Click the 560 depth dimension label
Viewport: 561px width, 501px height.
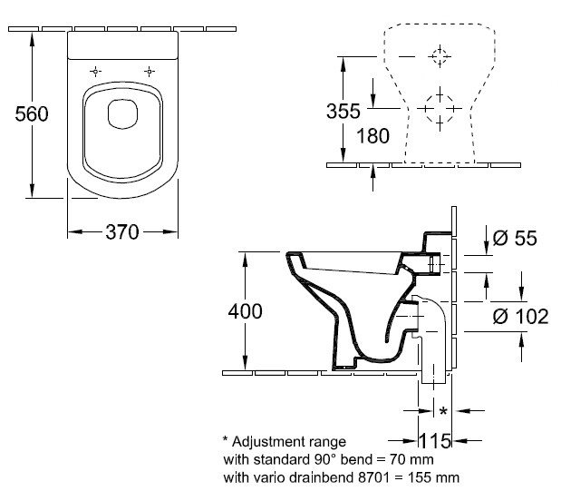point(32,114)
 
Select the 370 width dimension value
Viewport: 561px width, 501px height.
point(122,232)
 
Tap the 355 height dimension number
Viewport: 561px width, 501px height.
point(343,111)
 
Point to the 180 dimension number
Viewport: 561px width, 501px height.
point(372,136)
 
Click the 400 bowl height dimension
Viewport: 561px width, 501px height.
point(245,311)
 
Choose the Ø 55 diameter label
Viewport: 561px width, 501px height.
point(515,238)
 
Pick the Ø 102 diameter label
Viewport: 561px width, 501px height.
point(520,317)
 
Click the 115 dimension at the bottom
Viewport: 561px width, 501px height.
point(435,441)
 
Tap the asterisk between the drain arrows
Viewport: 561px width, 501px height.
point(443,410)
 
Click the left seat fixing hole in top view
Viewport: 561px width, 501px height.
point(95,72)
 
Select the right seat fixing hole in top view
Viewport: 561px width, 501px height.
point(150,72)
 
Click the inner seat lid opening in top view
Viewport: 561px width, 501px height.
point(122,114)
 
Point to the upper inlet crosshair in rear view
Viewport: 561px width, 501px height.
point(440,56)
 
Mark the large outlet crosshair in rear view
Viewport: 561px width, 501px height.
point(440,109)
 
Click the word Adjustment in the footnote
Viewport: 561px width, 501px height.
point(289,442)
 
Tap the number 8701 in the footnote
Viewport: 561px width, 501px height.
point(373,477)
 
